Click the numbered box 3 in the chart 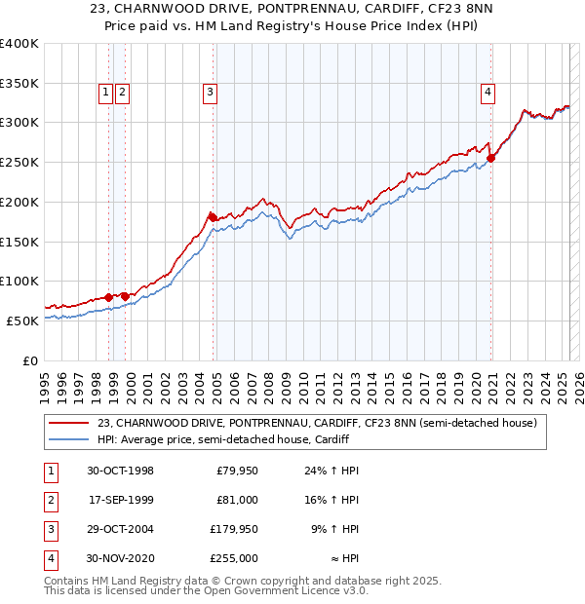(210, 93)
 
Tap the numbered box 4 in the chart (487, 93)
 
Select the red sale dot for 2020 (491, 157)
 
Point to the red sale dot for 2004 (212, 216)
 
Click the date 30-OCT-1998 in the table (121, 471)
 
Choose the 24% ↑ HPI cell (332, 471)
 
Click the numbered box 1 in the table (50, 471)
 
